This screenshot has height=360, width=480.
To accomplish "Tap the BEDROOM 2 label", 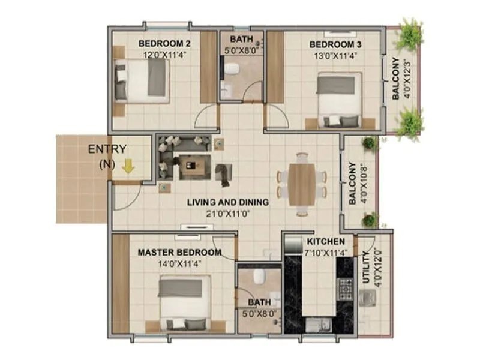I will pyautogui.click(x=156, y=43).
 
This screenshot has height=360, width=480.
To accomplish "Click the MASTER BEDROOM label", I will pyautogui.click(x=179, y=253).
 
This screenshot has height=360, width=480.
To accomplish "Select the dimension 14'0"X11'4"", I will pyautogui.click(x=179, y=263).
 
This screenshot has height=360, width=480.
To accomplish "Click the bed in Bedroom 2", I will pyautogui.click(x=143, y=81).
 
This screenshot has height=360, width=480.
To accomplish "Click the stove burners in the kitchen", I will pyautogui.click(x=346, y=289).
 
